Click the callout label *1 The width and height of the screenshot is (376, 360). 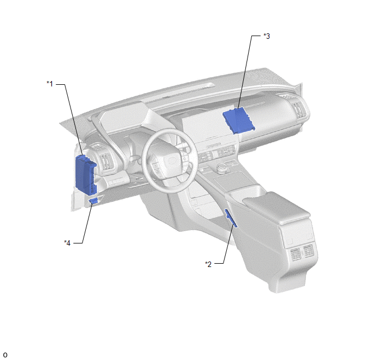tap(50, 84)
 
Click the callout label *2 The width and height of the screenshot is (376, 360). tap(208, 264)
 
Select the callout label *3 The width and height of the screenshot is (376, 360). tap(267, 36)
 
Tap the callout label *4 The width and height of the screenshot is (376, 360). tap(67, 243)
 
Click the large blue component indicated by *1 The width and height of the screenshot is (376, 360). tap(86, 175)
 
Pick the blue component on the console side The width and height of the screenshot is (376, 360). tap(231, 218)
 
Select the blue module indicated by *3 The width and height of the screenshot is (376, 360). tap(239, 120)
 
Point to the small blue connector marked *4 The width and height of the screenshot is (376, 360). tap(93, 201)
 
